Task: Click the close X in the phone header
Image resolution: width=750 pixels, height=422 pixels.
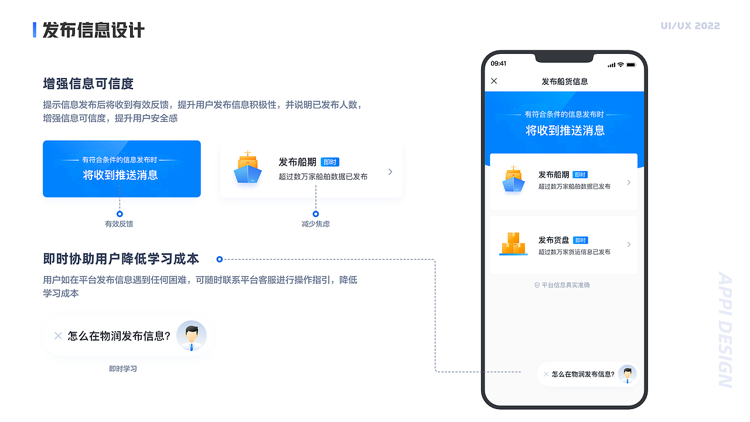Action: pos(494,81)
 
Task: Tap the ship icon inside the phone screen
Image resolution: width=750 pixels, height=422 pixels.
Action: pos(513,180)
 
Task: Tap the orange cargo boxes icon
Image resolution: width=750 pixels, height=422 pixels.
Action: pos(513,244)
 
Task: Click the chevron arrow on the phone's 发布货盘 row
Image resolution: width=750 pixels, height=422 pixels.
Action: pos(629,244)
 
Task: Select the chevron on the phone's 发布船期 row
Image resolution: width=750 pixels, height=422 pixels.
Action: pos(629,182)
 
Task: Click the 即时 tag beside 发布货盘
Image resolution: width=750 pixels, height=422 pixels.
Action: pos(580,240)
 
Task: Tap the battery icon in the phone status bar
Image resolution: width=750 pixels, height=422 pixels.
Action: pos(631,64)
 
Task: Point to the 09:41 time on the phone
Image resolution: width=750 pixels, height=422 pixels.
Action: pos(499,64)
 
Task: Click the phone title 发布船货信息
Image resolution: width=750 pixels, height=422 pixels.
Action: pos(565,81)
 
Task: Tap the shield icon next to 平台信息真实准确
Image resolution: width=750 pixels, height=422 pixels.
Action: pos(537,285)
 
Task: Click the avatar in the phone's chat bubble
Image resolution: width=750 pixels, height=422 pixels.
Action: pos(628,374)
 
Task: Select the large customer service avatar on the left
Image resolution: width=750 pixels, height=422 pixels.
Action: pos(191,336)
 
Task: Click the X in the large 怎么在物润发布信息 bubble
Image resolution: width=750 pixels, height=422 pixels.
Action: pos(58,336)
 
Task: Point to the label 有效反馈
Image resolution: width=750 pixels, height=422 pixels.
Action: pos(119,224)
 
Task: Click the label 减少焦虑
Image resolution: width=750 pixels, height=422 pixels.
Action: pos(316,224)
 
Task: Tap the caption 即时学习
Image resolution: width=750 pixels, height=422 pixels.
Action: pos(123,369)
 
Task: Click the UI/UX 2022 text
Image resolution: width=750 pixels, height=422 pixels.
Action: pos(690,26)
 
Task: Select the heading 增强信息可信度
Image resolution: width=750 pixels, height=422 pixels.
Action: pos(88,83)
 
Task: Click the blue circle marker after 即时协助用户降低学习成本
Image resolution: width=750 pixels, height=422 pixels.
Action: pos(220,259)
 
